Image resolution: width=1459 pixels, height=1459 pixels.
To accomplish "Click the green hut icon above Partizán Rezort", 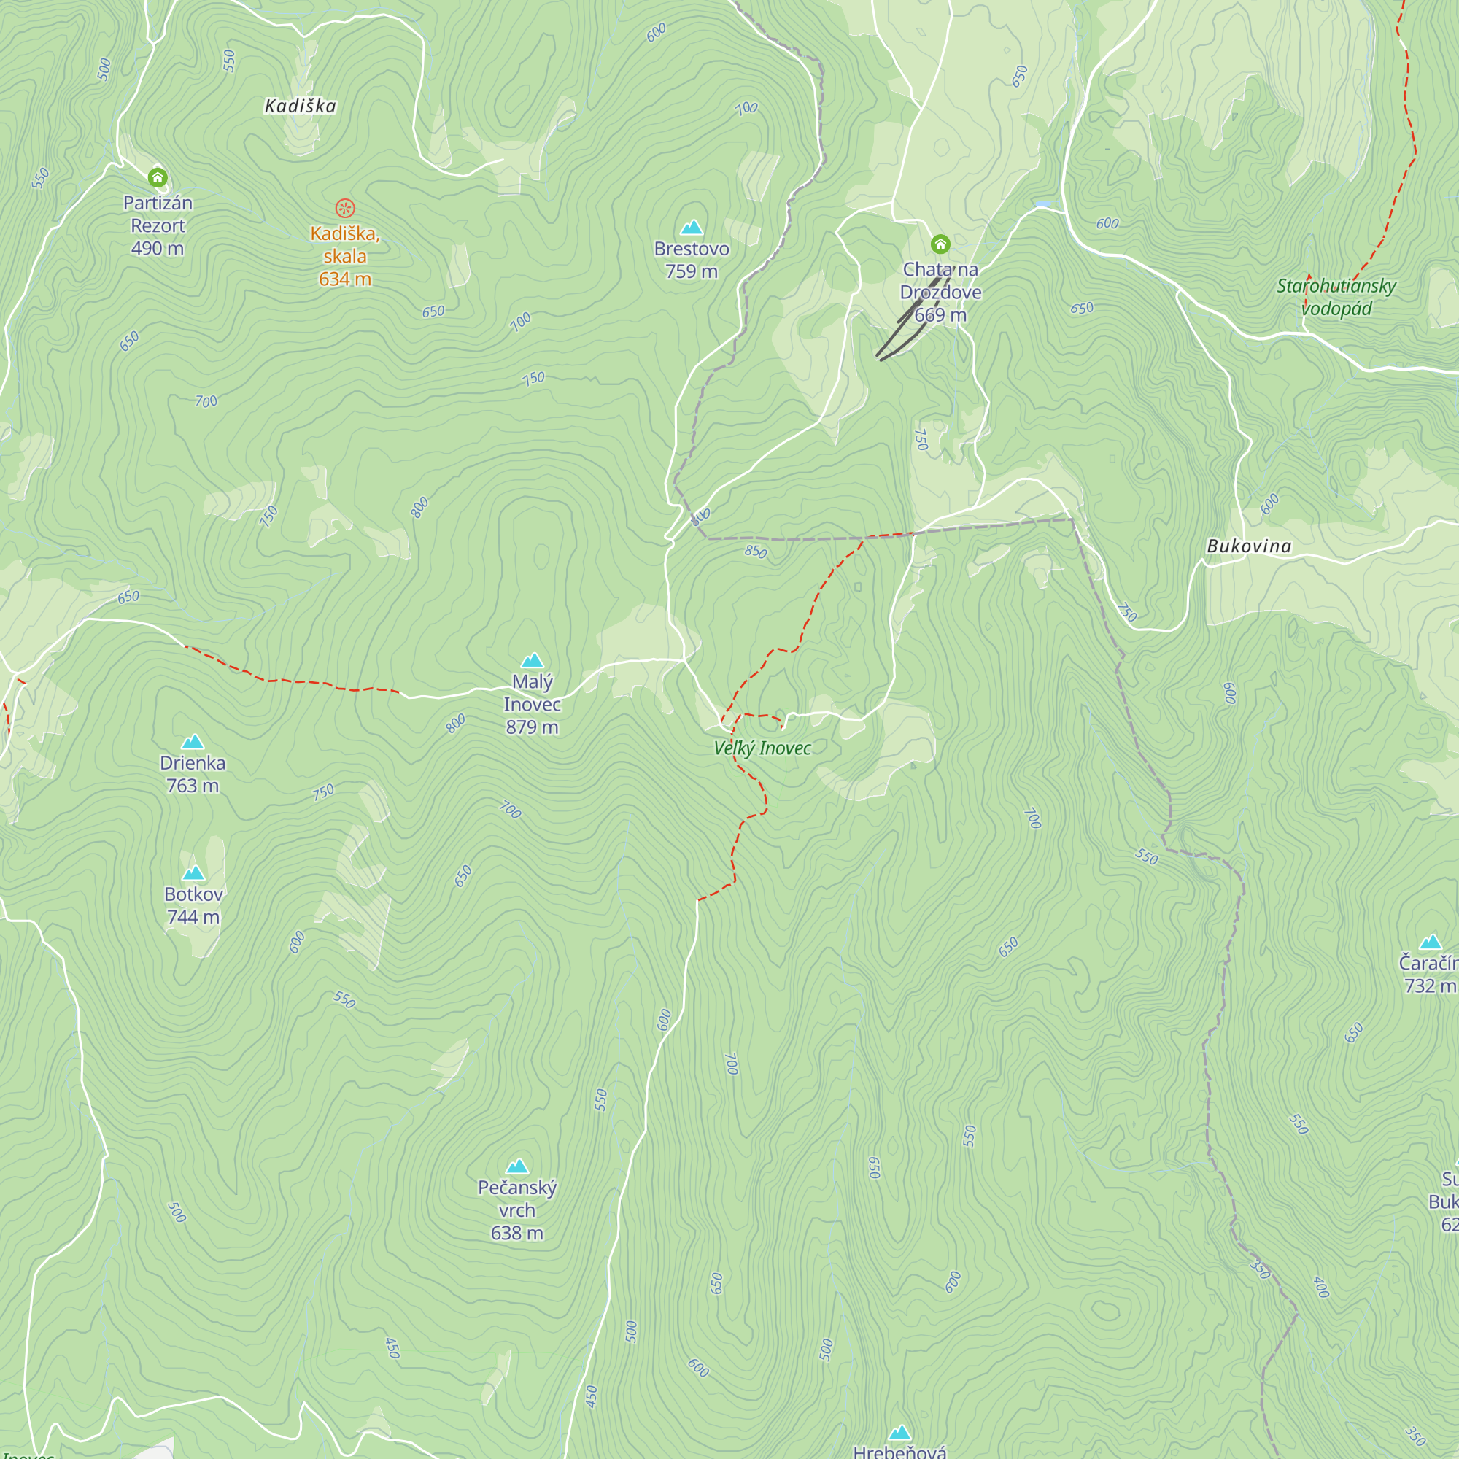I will [x=157, y=177].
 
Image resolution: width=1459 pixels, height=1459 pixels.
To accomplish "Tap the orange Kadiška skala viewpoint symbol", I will [x=344, y=208].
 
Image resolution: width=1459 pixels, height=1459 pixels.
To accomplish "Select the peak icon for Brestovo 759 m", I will [x=691, y=228].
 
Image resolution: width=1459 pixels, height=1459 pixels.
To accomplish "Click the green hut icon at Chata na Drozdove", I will [x=940, y=244].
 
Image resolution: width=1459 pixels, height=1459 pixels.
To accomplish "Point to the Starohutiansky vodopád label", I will [x=1336, y=297].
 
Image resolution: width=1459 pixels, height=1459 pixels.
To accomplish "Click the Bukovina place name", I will [x=1249, y=546].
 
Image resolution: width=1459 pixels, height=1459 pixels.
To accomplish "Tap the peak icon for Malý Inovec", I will [x=533, y=661].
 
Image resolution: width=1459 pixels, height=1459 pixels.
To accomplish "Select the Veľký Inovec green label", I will [x=762, y=748].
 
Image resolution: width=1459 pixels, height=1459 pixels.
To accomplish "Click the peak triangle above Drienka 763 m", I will [x=193, y=742].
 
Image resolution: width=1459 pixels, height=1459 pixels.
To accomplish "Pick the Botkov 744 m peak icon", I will [x=193, y=873].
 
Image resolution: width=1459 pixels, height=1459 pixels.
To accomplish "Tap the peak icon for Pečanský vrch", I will [x=516, y=1166].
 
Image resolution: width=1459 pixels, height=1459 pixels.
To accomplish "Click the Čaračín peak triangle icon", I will [x=1431, y=942].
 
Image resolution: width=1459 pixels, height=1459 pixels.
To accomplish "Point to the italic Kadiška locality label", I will [x=300, y=106].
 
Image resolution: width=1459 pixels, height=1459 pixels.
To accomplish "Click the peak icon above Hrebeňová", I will [x=899, y=1433].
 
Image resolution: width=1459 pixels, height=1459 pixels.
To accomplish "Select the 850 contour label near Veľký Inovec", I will [x=755, y=552].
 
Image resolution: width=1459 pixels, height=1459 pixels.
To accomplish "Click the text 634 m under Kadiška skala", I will [x=344, y=279].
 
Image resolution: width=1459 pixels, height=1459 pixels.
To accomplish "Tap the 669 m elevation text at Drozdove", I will [x=940, y=315].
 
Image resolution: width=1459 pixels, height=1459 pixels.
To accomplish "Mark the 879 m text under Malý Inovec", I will [x=532, y=727].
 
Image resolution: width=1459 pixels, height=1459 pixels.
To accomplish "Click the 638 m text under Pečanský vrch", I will [x=516, y=1233].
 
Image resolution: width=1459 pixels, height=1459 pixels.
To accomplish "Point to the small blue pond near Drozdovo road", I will [x=1042, y=204].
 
